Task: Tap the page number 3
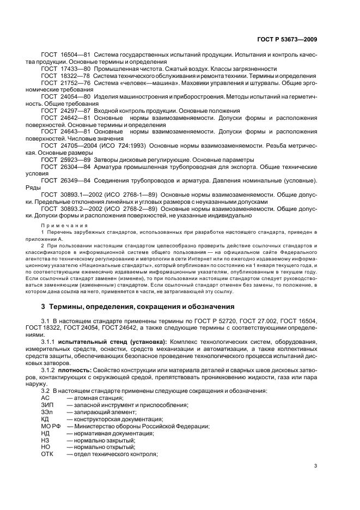point(315,465)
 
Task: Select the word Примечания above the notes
point(64,225)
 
